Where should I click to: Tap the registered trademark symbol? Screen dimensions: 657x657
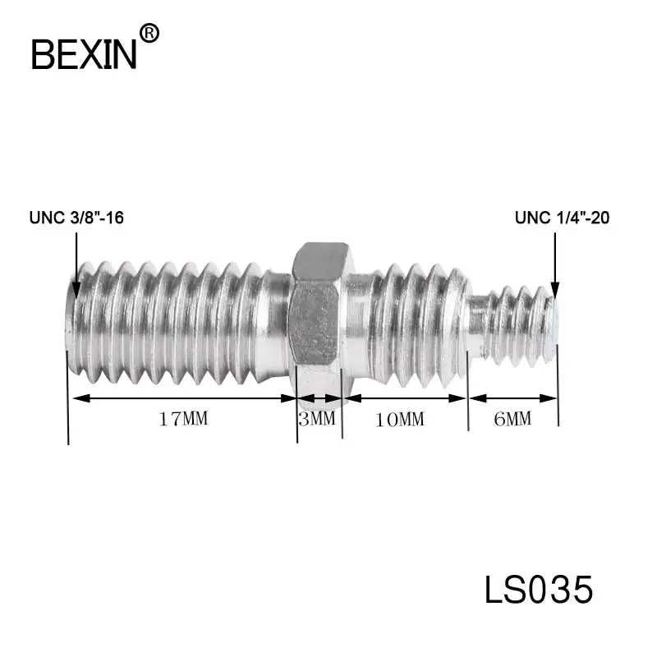coord(149,33)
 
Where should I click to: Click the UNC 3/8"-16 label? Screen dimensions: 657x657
coord(76,218)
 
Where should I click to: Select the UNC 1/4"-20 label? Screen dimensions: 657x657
coord(562,218)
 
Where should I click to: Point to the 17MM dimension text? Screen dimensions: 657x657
coord(183,419)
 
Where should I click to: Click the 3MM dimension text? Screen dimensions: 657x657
coord(318,419)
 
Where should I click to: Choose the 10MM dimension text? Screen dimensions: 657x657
coord(400,419)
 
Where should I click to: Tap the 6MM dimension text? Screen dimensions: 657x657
coord(513,419)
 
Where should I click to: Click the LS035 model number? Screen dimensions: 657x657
coord(538,590)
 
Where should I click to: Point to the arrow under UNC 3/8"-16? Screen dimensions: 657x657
coord(76,263)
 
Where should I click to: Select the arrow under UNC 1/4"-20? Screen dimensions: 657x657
coord(555,263)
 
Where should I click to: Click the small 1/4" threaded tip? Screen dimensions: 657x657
coord(513,324)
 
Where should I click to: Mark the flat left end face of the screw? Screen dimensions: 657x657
coord(70,320)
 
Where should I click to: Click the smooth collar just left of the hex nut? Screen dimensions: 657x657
coord(277,320)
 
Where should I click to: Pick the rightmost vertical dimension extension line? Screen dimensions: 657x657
coord(558,394)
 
